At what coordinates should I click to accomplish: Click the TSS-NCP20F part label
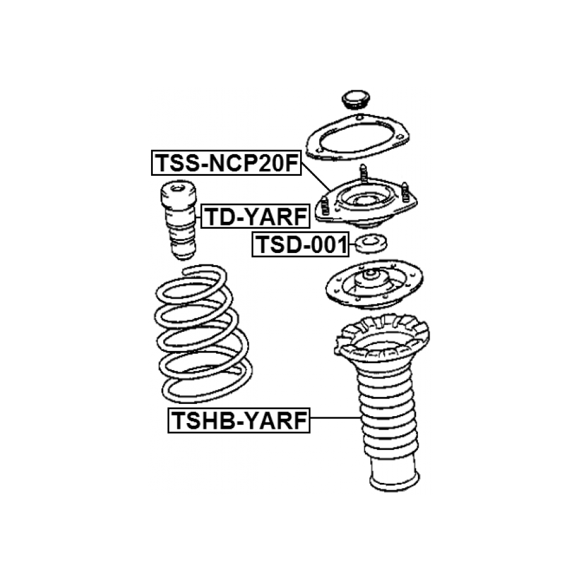coord(226,163)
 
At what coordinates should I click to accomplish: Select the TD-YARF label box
coord(256,216)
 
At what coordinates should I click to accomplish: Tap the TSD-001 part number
coord(301,244)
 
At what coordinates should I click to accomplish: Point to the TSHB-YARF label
coord(239,421)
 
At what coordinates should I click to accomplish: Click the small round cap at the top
coord(356,99)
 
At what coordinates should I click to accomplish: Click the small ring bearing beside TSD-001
coord(371,244)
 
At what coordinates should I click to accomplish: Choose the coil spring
coord(203,333)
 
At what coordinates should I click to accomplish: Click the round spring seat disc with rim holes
coord(374,284)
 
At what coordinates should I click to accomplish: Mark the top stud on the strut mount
coord(364,173)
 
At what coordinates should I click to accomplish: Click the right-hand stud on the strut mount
coord(405,192)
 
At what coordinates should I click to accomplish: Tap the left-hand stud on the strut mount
coord(324,206)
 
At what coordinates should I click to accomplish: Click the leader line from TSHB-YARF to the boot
coord(335,418)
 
